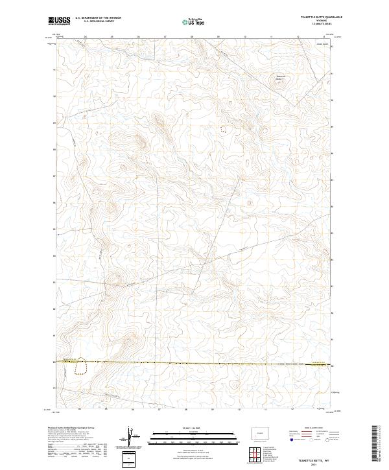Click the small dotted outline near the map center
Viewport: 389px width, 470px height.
(225, 129)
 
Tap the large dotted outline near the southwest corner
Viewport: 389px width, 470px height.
(81, 367)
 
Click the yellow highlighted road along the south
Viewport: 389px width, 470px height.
(194, 363)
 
